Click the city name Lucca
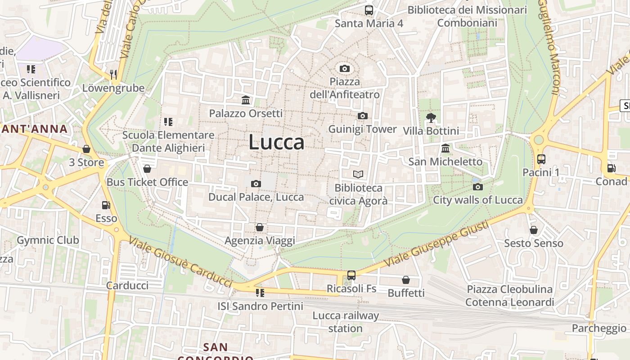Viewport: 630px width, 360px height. point(276,142)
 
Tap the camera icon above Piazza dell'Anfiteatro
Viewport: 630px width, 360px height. point(345,68)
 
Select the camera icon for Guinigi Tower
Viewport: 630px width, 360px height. point(362,116)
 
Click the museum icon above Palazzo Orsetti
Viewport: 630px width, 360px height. point(246,100)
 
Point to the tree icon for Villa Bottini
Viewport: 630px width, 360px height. point(431,118)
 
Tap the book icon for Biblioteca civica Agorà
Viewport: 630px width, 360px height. point(358,174)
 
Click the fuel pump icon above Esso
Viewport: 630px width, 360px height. point(106,205)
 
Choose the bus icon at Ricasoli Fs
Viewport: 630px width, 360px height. point(351,275)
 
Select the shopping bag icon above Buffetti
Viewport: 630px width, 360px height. point(406,280)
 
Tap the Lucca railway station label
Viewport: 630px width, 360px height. point(346,322)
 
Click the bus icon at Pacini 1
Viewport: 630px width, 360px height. point(541,159)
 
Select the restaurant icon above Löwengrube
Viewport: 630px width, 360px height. point(113,74)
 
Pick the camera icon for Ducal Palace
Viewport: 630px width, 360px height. point(256,184)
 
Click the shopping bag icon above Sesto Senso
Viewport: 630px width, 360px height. point(534,230)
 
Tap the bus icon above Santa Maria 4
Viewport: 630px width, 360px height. point(369,10)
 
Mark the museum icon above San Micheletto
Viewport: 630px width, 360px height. point(445,148)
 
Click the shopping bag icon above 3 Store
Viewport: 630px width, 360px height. point(86,149)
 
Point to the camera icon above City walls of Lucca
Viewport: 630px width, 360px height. point(478,187)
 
